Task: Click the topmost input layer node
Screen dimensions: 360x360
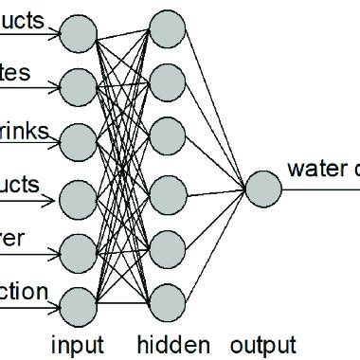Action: pos(80,36)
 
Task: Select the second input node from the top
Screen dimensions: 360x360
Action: pos(80,87)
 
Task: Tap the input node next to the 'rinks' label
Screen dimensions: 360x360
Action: pos(80,142)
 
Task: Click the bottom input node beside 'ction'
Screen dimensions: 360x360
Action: pos(80,305)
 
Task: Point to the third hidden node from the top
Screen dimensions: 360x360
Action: pos(166,134)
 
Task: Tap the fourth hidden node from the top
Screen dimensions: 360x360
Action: pos(166,193)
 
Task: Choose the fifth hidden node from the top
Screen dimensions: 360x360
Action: pos(166,248)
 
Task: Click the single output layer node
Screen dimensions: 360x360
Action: pos(262,188)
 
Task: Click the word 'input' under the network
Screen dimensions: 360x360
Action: pos(79,343)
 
